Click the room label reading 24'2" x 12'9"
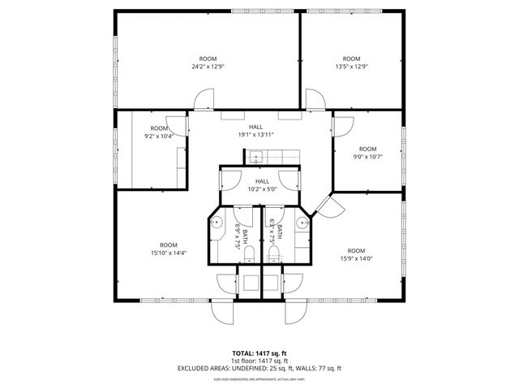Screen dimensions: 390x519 (208, 63)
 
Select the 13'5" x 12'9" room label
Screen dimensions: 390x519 (350, 63)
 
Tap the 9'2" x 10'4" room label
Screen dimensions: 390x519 (159, 132)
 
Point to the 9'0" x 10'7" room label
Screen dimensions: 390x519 (368, 153)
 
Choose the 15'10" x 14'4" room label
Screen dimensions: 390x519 (169, 249)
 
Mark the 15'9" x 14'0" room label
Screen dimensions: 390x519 (356, 254)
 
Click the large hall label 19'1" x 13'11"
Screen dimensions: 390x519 (256, 131)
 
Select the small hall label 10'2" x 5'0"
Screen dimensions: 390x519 (262, 185)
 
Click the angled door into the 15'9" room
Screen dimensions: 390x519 (327, 206)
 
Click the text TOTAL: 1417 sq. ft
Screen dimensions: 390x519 (259, 353)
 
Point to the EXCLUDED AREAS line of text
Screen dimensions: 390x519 (259, 368)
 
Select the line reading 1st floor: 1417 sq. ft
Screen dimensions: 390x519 (259, 360)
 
